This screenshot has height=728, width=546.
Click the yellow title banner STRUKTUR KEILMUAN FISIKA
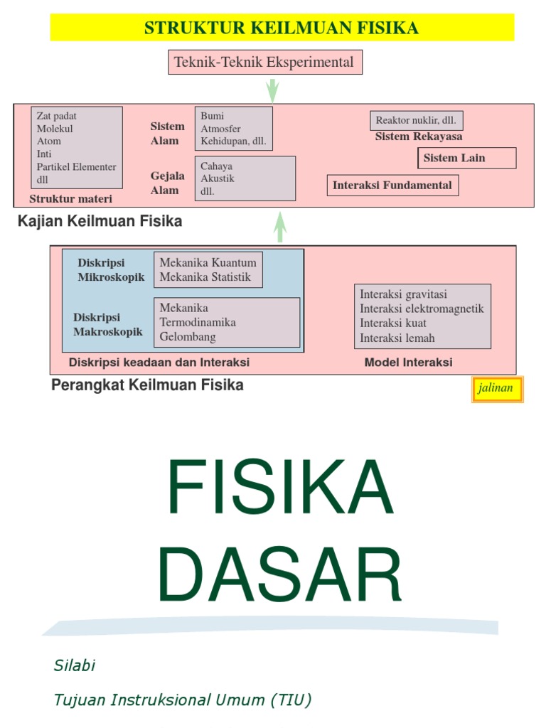pyautogui.click(x=282, y=28)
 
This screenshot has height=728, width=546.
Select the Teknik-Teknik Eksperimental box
pyautogui.click(x=265, y=62)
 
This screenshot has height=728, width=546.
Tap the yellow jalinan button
pyautogui.click(x=497, y=389)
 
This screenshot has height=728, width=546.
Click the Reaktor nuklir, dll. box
pyautogui.click(x=416, y=120)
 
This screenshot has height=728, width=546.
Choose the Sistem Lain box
pyautogui.click(x=466, y=158)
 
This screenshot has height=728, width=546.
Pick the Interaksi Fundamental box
pyautogui.click(x=392, y=186)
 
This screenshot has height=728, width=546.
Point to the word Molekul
pyautogui.click(x=55, y=129)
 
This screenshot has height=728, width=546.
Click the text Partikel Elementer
pyautogui.click(x=76, y=167)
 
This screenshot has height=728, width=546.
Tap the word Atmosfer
pyautogui.click(x=220, y=129)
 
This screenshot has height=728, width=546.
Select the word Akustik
pyautogui.click(x=218, y=178)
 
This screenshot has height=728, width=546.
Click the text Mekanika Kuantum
pyautogui.click(x=208, y=263)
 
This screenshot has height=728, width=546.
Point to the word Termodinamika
pyautogui.click(x=198, y=322)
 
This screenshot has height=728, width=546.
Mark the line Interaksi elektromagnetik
pyautogui.click(x=422, y=309)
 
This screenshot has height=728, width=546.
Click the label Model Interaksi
pyautogui.click(x=408, y=363)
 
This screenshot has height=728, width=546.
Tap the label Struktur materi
pyautogui.click(x=70, y=199)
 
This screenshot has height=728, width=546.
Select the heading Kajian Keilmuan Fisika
pyautogui.click(x=100, y=221)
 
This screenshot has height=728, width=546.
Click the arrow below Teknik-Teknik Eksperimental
pyautogui.click(x=272, y=90)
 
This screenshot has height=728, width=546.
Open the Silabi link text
pyautogui.click(x=74, y=666)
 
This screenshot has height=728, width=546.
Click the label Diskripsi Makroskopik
pyautogui.click(x=108, y=324)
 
